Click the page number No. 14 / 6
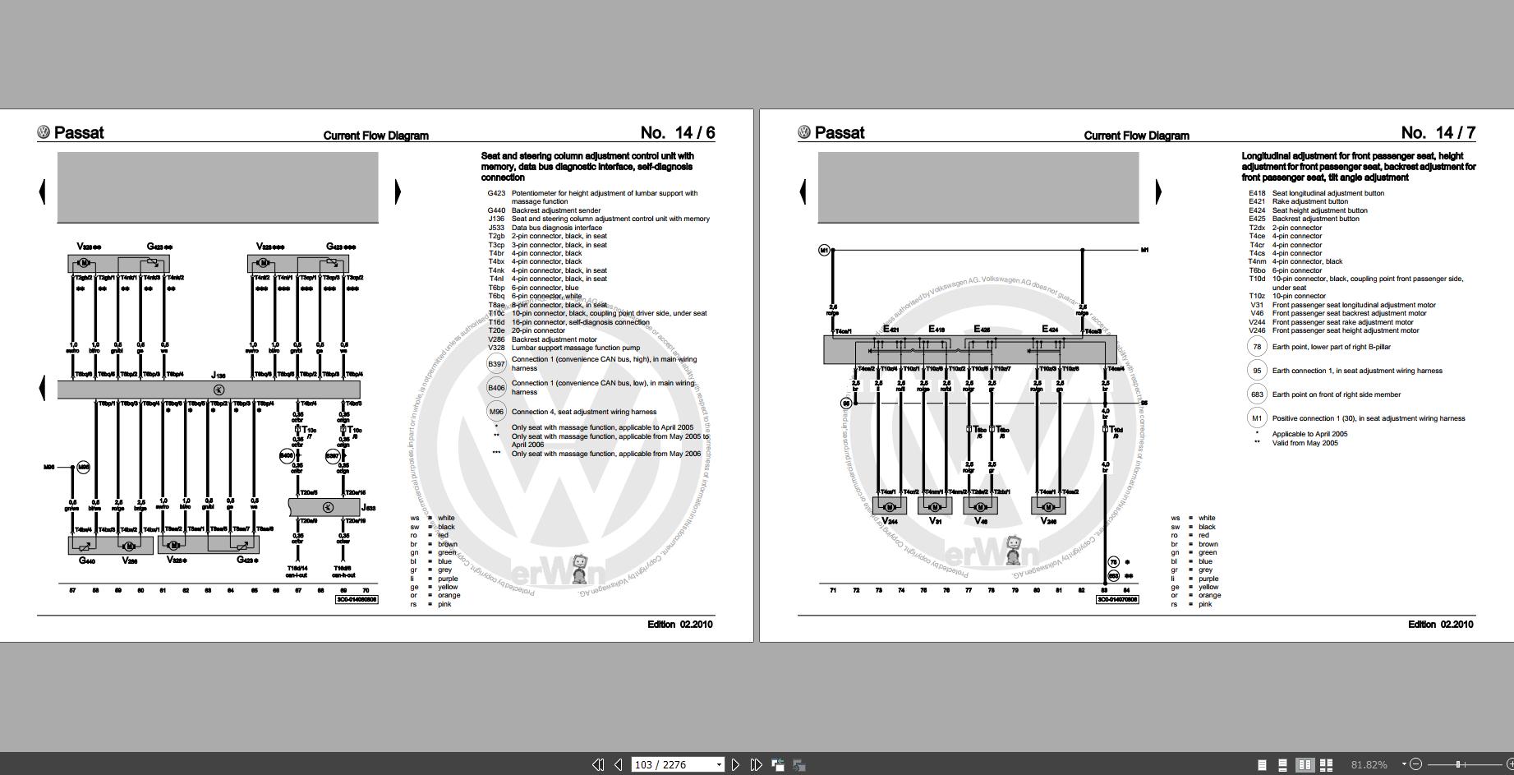677,133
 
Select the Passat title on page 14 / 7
840,133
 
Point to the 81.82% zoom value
1369,764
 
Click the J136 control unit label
218,376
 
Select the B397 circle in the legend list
496,363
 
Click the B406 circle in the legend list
496,388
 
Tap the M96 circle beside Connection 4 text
496,412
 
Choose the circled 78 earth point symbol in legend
1257,347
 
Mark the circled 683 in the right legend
1257,394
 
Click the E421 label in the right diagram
890,330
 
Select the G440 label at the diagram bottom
87,560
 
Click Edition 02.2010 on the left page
679,625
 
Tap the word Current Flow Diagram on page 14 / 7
1136,136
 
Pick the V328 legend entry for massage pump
496,348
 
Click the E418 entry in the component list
1257,193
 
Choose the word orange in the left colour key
449,596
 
